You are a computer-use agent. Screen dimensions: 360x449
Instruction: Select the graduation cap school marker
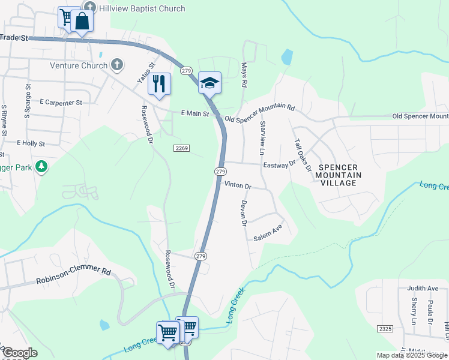209,82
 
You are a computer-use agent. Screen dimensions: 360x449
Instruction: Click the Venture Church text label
79,65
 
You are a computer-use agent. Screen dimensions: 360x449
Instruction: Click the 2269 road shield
182,148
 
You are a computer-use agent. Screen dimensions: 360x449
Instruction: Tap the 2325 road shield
386,329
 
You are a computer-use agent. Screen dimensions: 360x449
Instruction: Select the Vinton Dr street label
238,186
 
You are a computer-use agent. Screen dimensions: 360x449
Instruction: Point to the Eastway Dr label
280,164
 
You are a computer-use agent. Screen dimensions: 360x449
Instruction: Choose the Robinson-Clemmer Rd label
74,276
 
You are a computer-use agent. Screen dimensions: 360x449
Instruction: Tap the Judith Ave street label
423,288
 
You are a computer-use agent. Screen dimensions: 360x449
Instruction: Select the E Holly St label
31,143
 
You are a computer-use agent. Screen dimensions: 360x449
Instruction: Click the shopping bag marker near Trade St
82,22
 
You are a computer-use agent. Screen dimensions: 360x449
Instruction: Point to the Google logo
20,352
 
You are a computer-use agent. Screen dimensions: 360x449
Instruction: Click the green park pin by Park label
41,166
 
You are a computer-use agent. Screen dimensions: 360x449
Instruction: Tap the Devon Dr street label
244,214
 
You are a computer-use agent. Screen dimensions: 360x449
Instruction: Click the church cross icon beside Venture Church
117,65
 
